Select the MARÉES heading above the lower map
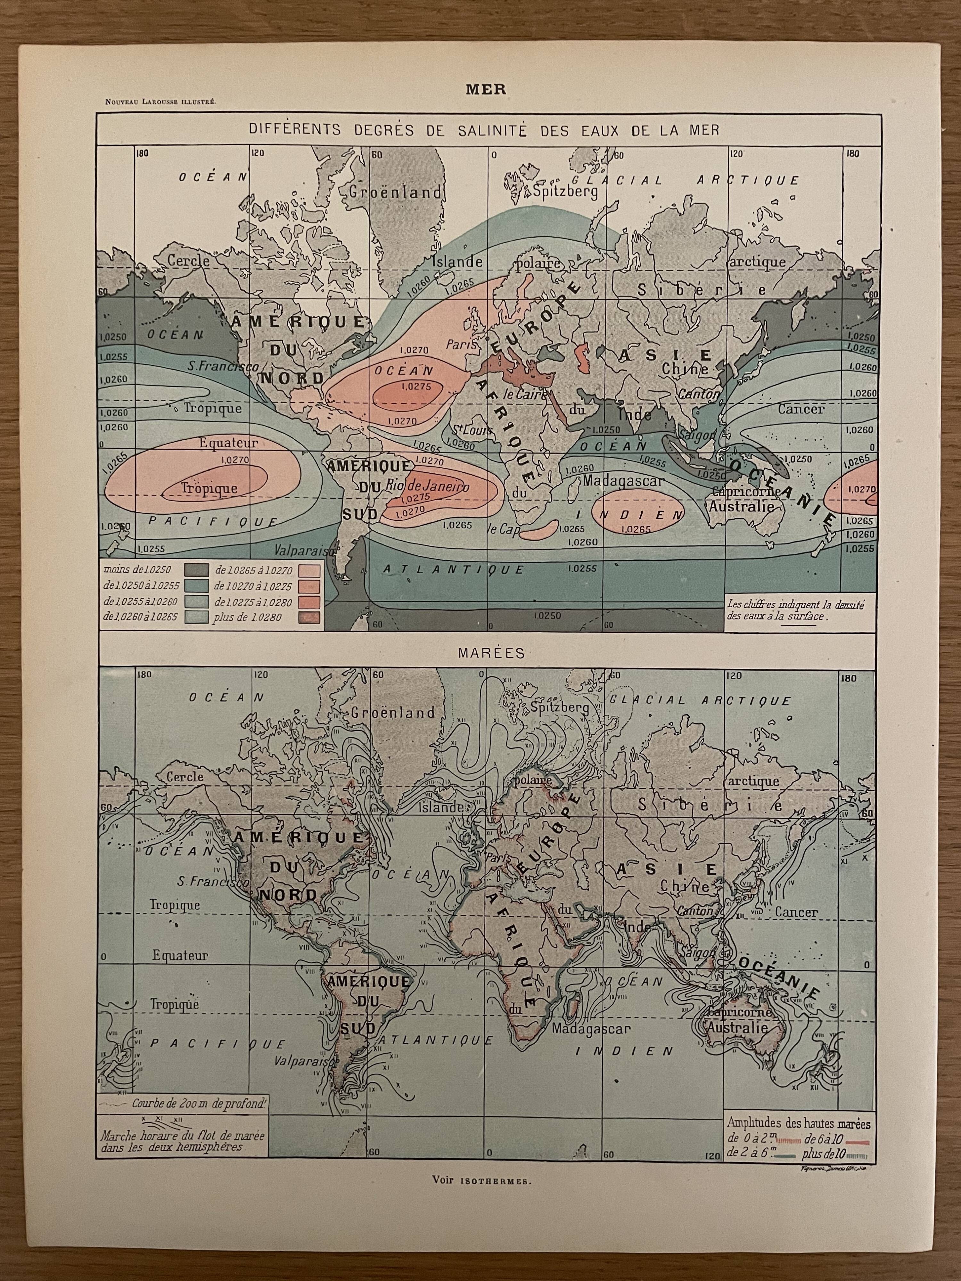tap(491, 653)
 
